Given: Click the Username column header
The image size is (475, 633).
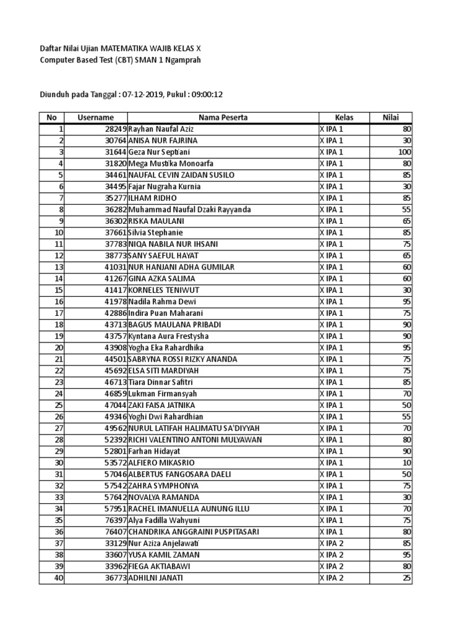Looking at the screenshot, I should tap(95, 117).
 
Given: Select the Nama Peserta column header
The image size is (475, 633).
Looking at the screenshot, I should tap(223, 117).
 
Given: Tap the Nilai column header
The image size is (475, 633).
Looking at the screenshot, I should tap(390, 117).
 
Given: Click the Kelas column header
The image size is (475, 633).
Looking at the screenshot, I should tap(344, 117).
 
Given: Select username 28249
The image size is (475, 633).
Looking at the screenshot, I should tap(114, 129).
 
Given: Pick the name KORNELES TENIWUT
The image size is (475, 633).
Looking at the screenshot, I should tap(164, 290).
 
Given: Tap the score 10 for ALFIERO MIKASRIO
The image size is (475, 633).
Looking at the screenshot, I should tap(407, 463).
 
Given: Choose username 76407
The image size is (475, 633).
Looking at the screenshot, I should tap(114, 532).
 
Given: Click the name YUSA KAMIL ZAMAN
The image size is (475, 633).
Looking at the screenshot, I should tap(164, 555).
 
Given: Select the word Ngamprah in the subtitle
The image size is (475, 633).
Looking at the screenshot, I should tap(181, 60).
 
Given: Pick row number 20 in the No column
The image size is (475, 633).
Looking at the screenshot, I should tap(59, 347).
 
